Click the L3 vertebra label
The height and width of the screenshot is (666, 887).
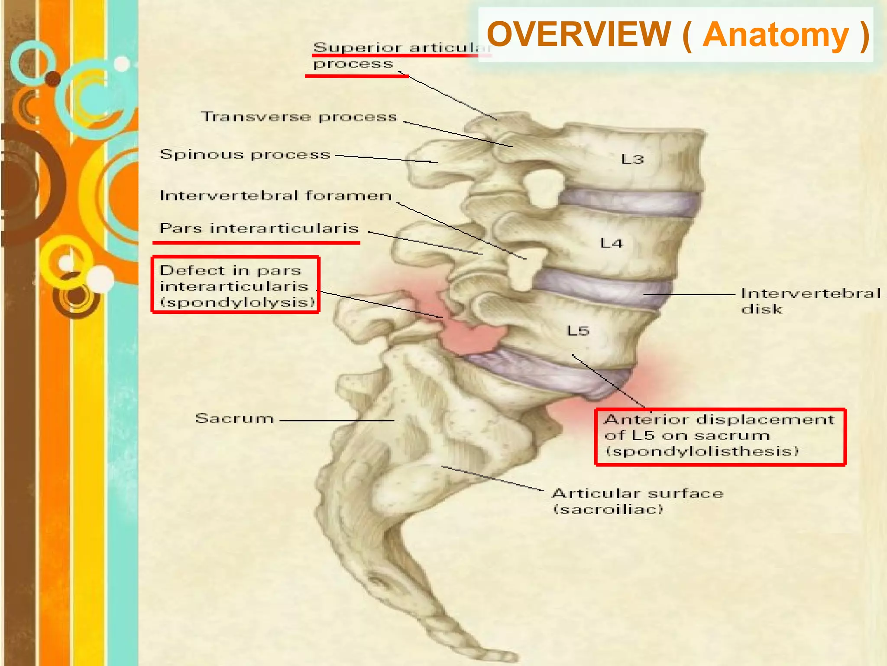tap(632, 159)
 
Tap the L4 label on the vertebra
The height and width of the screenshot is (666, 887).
tap(611, 243)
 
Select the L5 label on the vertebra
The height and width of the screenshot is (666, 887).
tap(578, 331)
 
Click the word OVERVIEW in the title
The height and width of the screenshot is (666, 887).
tap(578, 35)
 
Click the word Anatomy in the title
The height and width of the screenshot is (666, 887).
tap(775, 35)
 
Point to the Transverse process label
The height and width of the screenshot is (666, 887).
tap(299, 117)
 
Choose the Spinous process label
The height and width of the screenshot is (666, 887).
tap(245, 154)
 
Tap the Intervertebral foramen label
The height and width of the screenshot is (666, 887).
tap(275, 196)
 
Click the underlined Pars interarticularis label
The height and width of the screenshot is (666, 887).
tap(259, 228)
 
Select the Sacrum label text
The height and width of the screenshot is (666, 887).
tap(234, 418)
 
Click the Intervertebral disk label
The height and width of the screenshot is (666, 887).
tap(810, 301)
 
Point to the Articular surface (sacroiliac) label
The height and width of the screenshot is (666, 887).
tap(637, 501)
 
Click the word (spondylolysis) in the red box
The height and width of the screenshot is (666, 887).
tap(237, 302)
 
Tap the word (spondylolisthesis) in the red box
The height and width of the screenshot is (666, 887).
tap(702, 451)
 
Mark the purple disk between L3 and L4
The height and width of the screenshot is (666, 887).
tap(628, 202)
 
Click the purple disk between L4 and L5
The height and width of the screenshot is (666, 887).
tap(602, 286)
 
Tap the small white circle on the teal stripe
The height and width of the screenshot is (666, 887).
tap(122, 64)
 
